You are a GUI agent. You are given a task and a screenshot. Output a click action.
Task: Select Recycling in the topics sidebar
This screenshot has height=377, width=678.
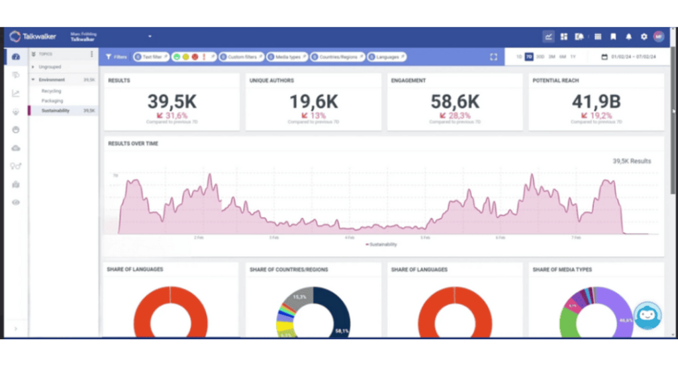(x=51, y=91)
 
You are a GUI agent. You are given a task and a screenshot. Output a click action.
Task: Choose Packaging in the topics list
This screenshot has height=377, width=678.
(x=52, y=101)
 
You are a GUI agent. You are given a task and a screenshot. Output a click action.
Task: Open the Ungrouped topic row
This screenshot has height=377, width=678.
(x=50, y=67)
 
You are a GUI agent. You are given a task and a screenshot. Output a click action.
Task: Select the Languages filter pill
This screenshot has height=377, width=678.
(x=386, y=57)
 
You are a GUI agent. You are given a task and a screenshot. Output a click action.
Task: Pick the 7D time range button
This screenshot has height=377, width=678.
(x=528, y=57)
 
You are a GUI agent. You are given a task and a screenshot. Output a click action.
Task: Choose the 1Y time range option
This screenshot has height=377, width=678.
(x=573, y=57)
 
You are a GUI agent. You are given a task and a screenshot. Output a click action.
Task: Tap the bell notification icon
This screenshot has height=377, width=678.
(x=628, y=36)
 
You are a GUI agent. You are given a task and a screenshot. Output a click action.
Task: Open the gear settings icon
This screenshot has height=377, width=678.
(x=644, y=36)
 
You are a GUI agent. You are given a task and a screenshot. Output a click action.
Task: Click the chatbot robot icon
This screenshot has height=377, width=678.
(x=648, y=315)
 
